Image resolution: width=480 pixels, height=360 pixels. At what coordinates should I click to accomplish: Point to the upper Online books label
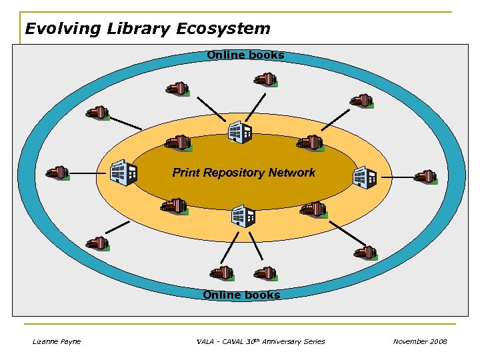[x=245, y=55]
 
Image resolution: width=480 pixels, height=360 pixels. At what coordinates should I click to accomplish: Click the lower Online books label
[x=241, y=295]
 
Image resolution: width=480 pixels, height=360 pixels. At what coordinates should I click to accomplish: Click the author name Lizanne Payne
[x=57, y=341]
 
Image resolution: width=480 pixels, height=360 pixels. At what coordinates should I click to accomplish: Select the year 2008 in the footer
[x=439, y=341]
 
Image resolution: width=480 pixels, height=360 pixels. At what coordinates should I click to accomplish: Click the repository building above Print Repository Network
[x=240, y=132]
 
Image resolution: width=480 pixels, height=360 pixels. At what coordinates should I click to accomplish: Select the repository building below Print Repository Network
[x=243, y=215]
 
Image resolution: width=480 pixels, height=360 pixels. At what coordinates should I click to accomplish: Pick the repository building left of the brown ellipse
[x=123, y=172]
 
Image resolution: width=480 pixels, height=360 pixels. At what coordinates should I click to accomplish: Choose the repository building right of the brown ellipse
[x=365, y=177]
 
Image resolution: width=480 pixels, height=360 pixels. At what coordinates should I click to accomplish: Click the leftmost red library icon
[x=58, y=173]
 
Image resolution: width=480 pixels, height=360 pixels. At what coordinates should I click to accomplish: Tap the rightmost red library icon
[x=425, y=177]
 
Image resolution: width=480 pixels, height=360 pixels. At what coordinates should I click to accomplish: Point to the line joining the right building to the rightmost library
[x=395, y=177]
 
